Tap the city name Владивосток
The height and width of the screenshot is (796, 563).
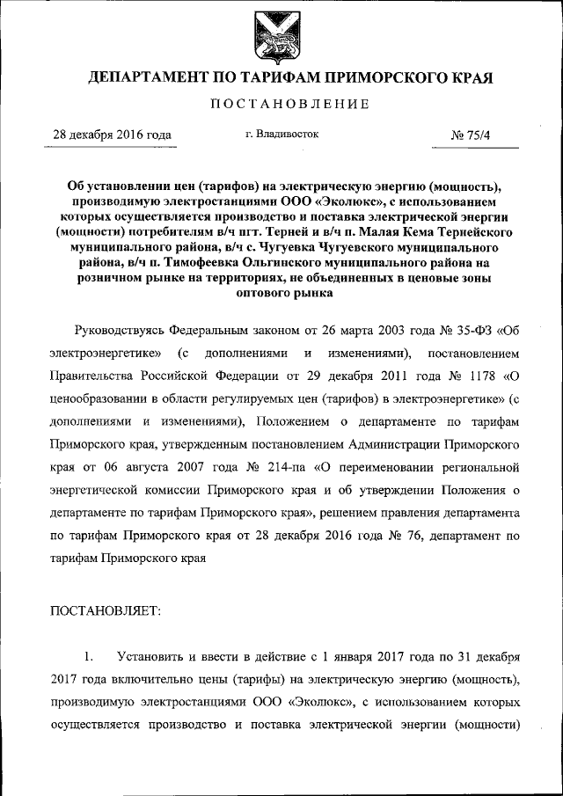[x=288, y=135]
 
